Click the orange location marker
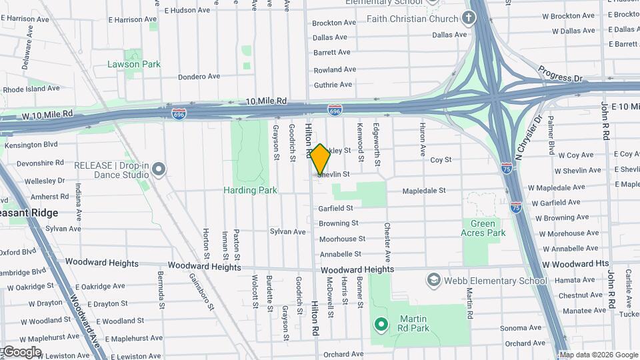[320, 159]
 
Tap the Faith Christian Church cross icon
[469, 19]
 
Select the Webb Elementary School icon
[434, 279]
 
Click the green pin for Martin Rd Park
[381, 325]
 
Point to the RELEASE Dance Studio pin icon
[159, 169]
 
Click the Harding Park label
[249, 190]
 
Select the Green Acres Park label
[483, 228]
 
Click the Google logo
[21, 351]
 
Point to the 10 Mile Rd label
[266, 101]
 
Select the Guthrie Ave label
[332, 85]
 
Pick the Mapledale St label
[424, 191]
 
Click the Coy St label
[441, 160]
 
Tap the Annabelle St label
[340, 254]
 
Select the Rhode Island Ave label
[32, 89]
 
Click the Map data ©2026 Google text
[598, 355]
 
